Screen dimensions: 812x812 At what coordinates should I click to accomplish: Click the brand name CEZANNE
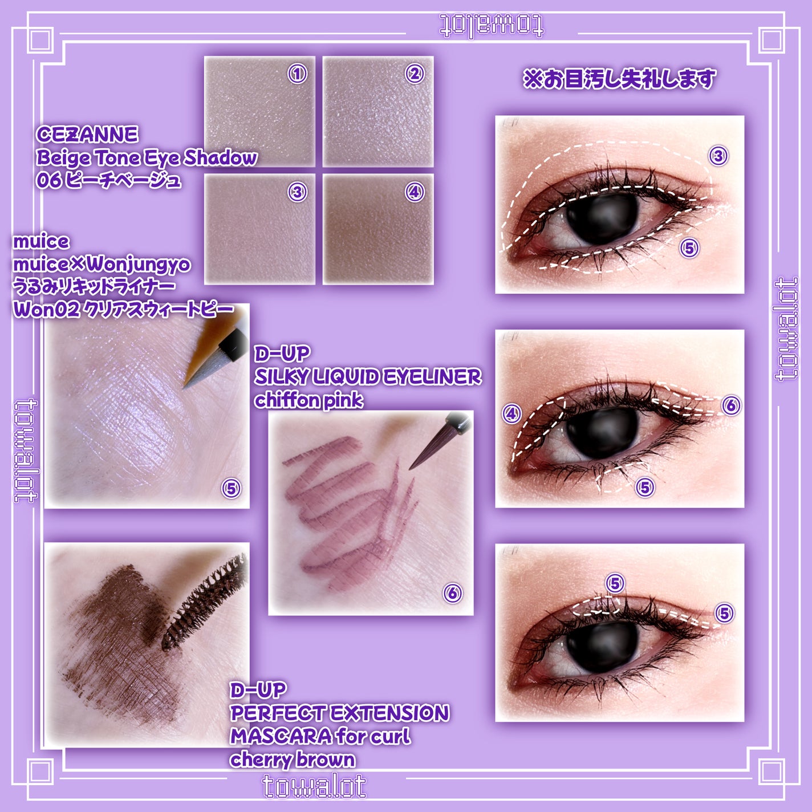click(87, 135)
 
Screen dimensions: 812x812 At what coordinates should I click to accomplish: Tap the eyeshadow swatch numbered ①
click(259, 111)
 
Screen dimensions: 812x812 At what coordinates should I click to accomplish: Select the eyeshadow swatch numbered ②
click(378, 111)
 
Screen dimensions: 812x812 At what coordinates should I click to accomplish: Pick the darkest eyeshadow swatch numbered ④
click(378, 229)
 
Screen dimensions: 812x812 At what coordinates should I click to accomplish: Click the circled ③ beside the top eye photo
click(718, 156)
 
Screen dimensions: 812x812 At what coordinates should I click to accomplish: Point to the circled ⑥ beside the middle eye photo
click(731, 405)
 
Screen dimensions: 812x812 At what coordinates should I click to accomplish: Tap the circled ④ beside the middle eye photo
click(511, 414)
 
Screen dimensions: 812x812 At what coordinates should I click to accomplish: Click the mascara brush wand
click(204, 603)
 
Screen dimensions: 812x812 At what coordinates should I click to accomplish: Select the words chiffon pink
click(308, 400)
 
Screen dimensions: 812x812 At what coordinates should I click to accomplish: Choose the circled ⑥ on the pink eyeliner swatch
click(453, 593)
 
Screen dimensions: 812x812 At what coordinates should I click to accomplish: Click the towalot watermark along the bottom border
click(314, 786)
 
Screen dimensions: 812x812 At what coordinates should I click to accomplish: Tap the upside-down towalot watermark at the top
click(492, 26)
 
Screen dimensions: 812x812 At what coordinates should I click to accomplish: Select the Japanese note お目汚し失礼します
click(619, 79)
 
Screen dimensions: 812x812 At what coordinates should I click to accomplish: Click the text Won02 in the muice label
click(47, 310)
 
